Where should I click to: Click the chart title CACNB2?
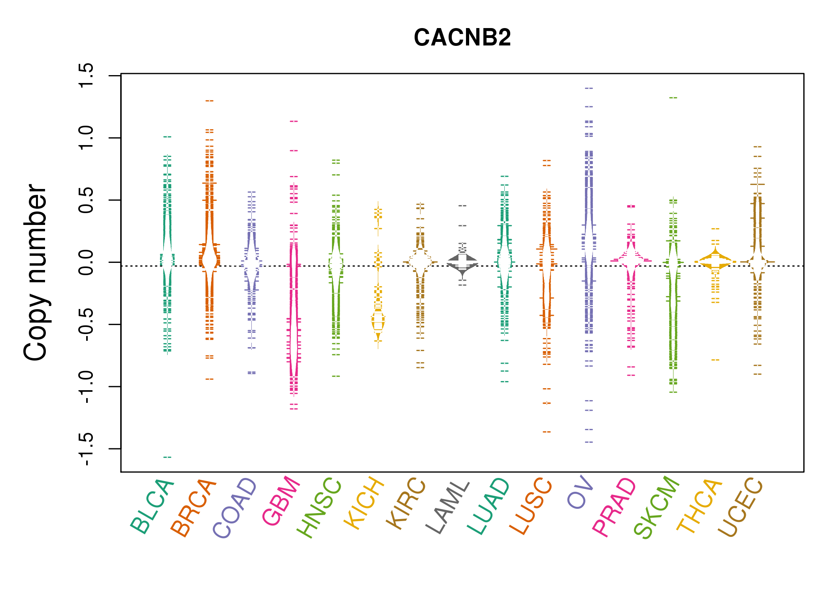click(x=462, y=38)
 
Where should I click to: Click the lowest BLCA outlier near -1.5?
click(x=167, y=457)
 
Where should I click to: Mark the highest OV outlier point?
click(x=589, y=88)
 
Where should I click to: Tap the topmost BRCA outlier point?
click(x=209, y=101)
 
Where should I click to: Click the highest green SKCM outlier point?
click(x=673, y=98)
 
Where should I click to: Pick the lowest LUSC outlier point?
click(x=547, y=432)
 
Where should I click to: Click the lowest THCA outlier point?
click(x=715, y=360)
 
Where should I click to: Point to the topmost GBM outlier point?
click(x=294, y=121)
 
